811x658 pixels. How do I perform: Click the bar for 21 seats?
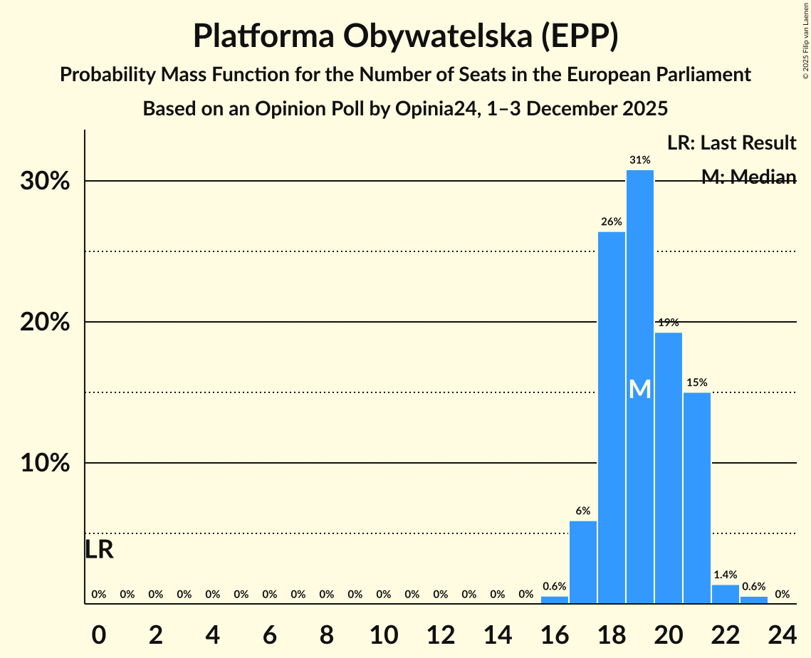(697, 498)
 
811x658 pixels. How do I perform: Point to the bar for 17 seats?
(583, 563)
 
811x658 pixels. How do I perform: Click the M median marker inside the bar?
(640, 390)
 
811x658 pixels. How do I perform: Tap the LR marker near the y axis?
(99, 550)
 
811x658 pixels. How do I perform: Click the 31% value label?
(640, 160)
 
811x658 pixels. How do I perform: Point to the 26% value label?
(612, 221)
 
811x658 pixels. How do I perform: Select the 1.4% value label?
(726, 575)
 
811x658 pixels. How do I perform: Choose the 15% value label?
(697, 382)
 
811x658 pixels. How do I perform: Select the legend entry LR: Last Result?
(731, 143)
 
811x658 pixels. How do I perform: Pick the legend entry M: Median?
(748, 177)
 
